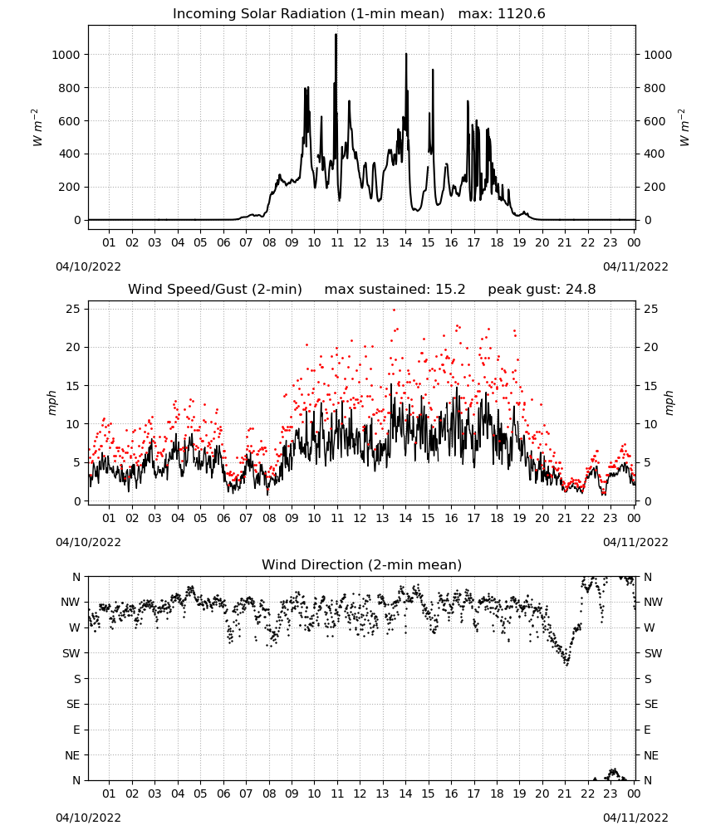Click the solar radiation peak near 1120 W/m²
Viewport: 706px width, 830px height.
(336, 35)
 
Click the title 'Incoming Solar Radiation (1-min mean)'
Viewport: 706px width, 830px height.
(308, 14)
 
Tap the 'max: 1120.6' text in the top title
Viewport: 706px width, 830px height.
(502, 14)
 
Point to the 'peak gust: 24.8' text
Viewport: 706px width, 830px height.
(542, 290)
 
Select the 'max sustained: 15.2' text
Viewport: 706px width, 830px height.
(395, 290)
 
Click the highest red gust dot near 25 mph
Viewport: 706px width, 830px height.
(394, 310)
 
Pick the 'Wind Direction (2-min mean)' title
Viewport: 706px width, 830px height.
(362, 564)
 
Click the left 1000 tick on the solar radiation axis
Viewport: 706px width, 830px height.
(66, 55)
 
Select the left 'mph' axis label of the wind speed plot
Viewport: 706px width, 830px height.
(51, 403)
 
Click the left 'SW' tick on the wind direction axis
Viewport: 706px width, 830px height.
(71, 653)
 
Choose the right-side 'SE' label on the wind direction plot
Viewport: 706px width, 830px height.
(651, 704)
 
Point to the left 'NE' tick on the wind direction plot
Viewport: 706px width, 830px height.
(72, 755)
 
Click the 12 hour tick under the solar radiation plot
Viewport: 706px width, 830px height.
(360, 243)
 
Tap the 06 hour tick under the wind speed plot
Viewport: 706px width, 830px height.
(223, 518)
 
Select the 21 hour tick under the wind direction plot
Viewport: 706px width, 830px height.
(565, 793)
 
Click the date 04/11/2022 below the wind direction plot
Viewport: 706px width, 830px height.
(635, 818)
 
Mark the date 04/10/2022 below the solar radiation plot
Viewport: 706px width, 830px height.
(88, 266)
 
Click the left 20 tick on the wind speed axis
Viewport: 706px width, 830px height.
(73, 347)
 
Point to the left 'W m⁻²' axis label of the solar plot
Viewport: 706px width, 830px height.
(37, 128)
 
